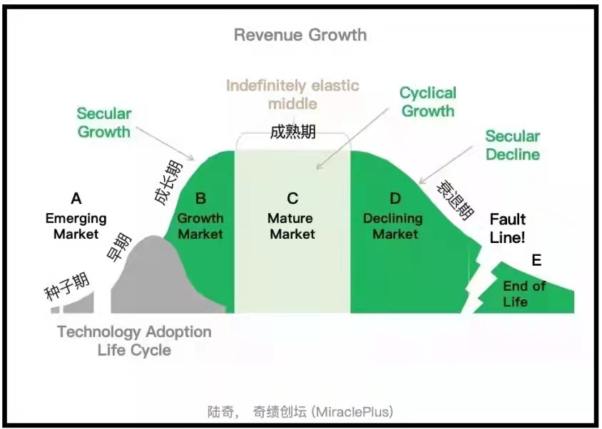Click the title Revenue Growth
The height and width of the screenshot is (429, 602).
[300, 35]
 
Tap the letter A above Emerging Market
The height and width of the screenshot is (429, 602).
[76, 199]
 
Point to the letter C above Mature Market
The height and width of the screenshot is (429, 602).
[292, 199]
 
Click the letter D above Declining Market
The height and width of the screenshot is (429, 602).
[395, 198]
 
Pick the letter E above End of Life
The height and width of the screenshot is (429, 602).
[536, 261]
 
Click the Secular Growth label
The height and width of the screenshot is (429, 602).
[104, 123]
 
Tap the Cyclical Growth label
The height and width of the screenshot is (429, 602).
[427, 102]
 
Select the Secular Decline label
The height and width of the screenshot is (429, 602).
[513, 145]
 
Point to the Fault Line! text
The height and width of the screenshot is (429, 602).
[508, 228]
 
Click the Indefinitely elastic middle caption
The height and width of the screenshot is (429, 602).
[292, 95]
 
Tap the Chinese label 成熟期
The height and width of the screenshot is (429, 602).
[292, 133]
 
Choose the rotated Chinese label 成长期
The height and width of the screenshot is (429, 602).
[168, 183]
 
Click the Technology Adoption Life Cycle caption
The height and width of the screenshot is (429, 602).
[134, 341]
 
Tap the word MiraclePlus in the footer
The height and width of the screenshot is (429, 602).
[354, 412]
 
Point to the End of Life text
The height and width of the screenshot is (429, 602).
[525, 294]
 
